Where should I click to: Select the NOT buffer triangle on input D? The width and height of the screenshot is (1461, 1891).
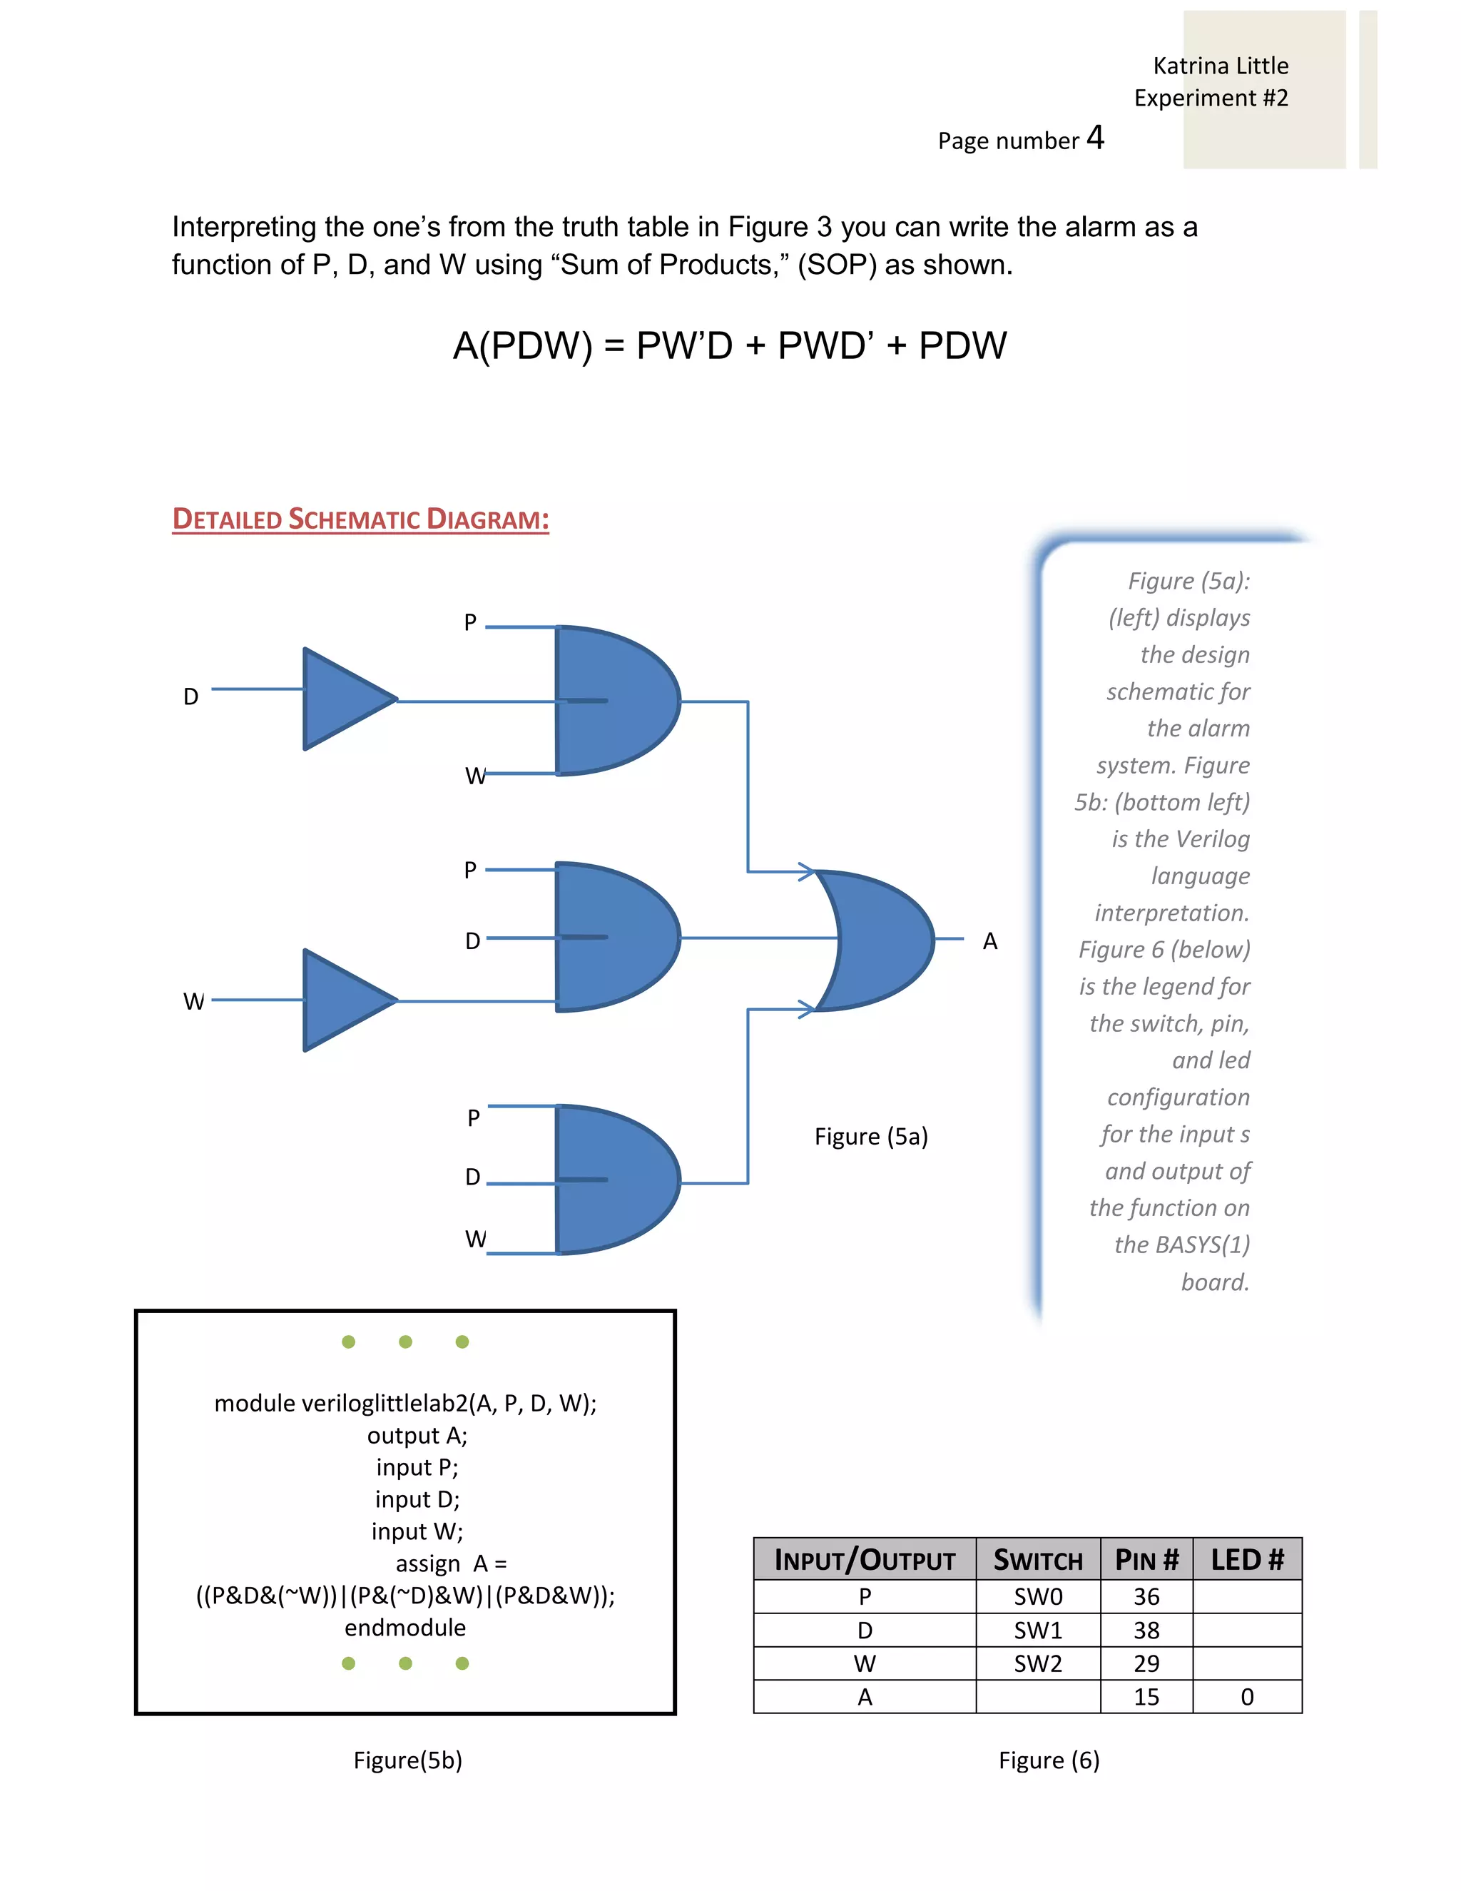point(345,698)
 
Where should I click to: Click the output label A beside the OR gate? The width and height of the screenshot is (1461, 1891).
point(990,941)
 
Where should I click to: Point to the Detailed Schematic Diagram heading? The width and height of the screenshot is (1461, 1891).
point(360,519)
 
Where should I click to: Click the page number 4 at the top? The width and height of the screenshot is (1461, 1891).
point(1095,138)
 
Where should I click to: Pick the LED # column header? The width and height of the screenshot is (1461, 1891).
point(1246,1559)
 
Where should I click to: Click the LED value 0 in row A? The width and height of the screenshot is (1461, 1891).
point(1246,1697)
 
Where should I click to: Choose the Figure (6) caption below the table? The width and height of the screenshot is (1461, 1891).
point(1048,1760)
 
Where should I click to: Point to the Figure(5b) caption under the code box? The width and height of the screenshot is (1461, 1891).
point(407,1760)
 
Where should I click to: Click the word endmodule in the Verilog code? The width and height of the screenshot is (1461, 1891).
point(405,1628)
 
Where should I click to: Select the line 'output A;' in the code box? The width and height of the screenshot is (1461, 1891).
point(417,1436)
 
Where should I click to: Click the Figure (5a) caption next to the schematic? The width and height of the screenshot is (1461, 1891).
point(871,1136)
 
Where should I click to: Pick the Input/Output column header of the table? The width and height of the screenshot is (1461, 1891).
point(864,1559)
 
